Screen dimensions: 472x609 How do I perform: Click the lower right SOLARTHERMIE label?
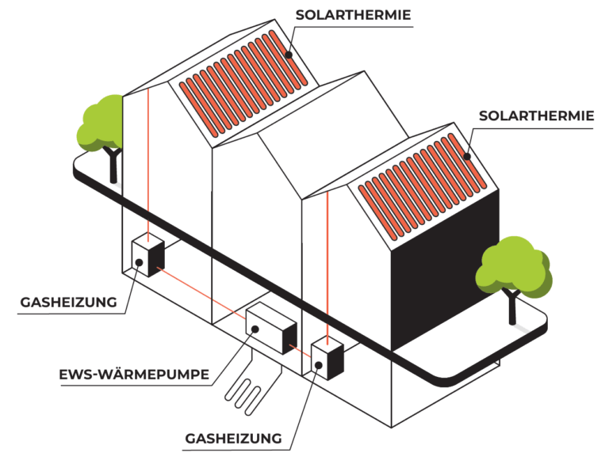536,116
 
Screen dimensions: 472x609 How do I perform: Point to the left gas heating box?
147,256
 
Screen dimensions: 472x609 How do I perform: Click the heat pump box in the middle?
270,326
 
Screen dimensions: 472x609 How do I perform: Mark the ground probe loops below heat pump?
249,388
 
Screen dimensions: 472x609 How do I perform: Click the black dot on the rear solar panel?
289,55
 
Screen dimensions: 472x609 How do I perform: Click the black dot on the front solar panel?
468,156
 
